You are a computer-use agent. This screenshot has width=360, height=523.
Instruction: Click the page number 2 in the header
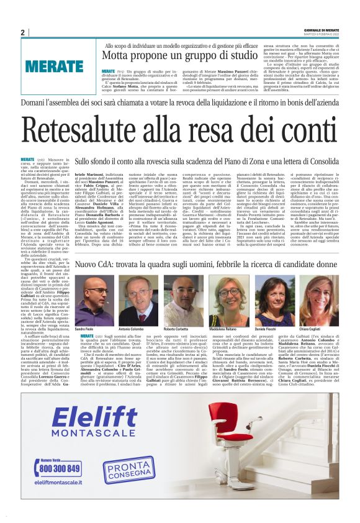(x=23, y=32)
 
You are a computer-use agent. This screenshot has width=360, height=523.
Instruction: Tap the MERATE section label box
(x=54, y=65)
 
